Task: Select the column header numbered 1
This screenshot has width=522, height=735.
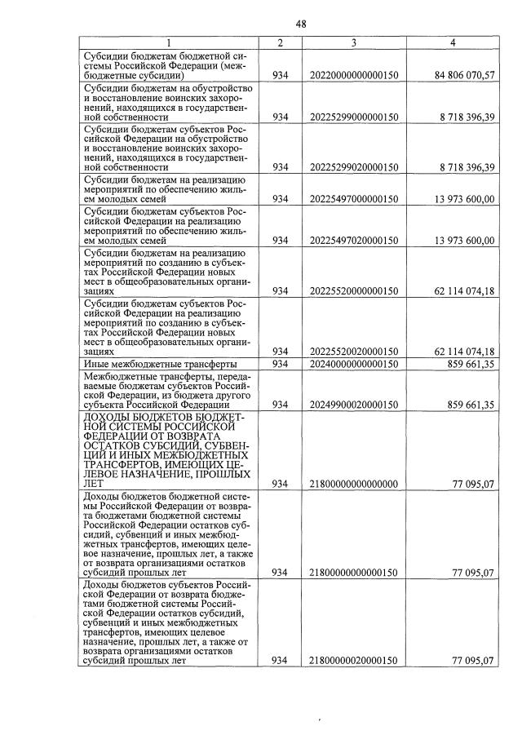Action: (x=168, y=42)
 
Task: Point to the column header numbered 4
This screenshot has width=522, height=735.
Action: (x=453, y=42)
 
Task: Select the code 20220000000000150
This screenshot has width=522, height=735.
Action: (x=354, y=75)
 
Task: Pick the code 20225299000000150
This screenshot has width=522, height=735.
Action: (x=354, y=117)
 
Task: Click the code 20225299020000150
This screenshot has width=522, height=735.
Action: (x=354, y=166)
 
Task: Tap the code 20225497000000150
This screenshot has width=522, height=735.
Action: (x=354, y=198)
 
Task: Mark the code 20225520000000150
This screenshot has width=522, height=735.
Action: (x=354, y=290)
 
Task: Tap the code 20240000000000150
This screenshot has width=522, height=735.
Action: (x=354, y=363)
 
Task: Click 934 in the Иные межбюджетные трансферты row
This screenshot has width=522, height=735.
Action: (x=281, y=363)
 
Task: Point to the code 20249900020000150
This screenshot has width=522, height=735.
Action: (x=354, y=404)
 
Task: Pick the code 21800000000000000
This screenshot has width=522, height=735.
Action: (x=354, y=484)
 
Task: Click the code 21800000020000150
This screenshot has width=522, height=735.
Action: (x=354, y=660)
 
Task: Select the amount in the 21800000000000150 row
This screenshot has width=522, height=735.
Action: (x=473, y=572)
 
